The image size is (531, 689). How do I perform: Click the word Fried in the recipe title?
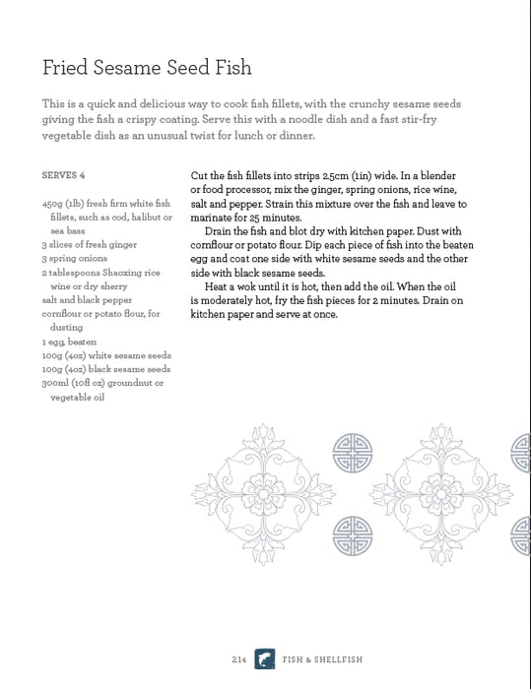(64, 68)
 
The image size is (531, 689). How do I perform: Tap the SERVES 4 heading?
(64, 175)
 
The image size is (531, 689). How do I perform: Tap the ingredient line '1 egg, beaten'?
(69, 341)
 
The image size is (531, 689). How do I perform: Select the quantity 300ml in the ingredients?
(58, 382)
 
